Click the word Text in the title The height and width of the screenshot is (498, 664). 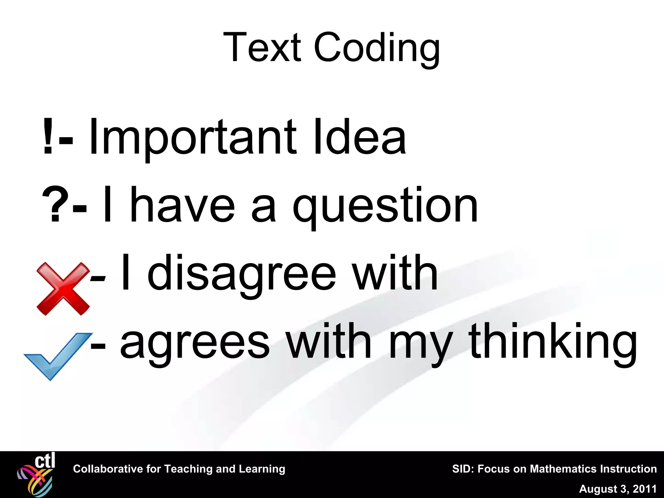click(262, 47)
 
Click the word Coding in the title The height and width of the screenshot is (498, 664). click(377, 49)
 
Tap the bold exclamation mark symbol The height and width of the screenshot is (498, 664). click(48, 136)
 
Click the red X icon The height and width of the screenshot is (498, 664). click(63, 289)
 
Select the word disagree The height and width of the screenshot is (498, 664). click(242, 274)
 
